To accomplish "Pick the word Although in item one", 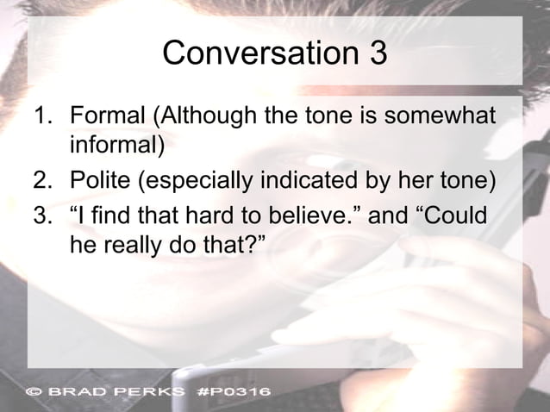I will click(203, 115).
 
